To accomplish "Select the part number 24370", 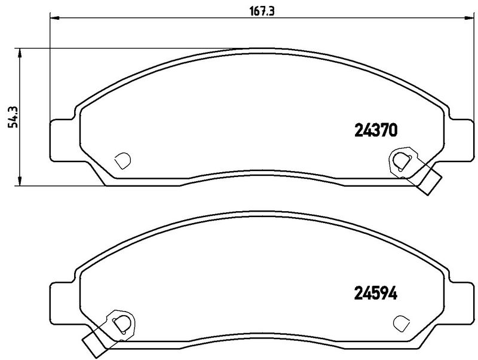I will coord(376,130).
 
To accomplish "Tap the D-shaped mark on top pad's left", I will coord(122,160).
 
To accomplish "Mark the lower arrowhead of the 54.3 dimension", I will coord(21,181).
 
